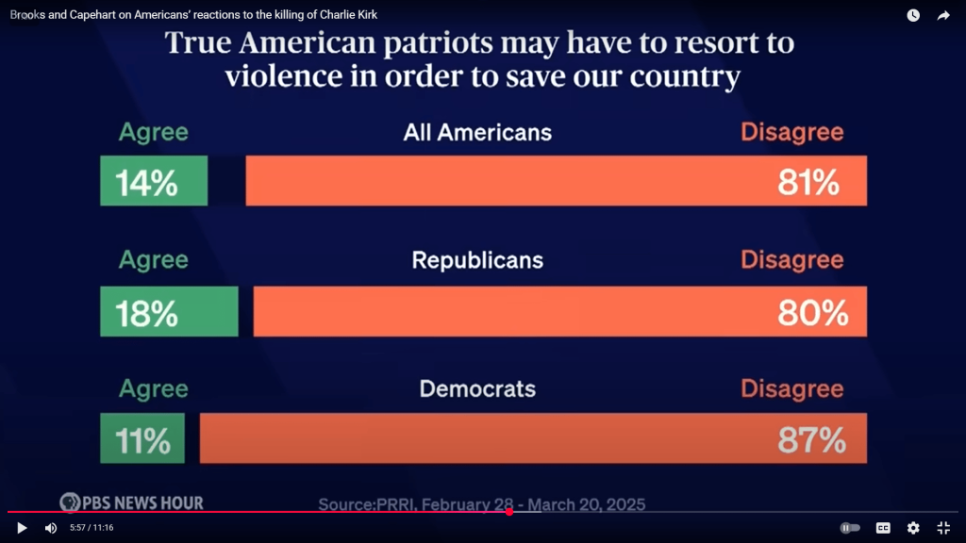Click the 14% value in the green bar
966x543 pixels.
coord(146,183)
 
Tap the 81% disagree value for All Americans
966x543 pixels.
coord(808,183)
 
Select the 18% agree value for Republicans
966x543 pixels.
coord(146,313)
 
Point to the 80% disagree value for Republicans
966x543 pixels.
coord(812,313)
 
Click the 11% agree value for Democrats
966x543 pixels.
coord(142,440)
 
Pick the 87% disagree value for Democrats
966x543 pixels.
coord(811,440)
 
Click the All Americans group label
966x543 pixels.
coord(477,133)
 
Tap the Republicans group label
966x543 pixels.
coord(477,260)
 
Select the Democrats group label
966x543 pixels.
coord(477,388)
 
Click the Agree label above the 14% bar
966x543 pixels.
coord(154,133)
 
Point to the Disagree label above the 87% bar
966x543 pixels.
coord(792,388)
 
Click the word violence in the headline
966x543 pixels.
coord(282,76)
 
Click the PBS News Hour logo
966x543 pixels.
coord(131,502)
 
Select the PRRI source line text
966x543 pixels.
coord(481,504)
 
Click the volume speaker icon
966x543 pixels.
coord(51,528)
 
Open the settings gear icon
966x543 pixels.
coord(913,528)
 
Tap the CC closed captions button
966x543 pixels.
coord(883,528)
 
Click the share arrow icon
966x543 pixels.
coord(943,15)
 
